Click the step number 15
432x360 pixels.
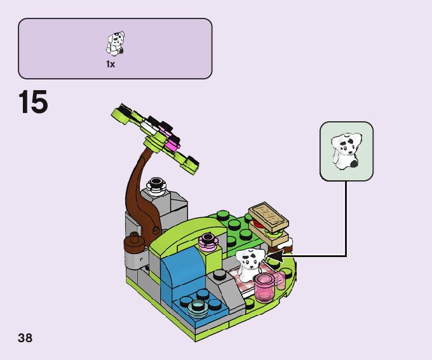click(x=34, y=103)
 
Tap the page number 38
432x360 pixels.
click(x=25, y=338)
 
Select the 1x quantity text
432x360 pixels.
click(x=111, y=64)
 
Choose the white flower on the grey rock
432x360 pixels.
click(x=155, y=186)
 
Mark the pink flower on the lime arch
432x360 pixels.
click(x=207, y=241)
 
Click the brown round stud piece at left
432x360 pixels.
click(x=133, y=240)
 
